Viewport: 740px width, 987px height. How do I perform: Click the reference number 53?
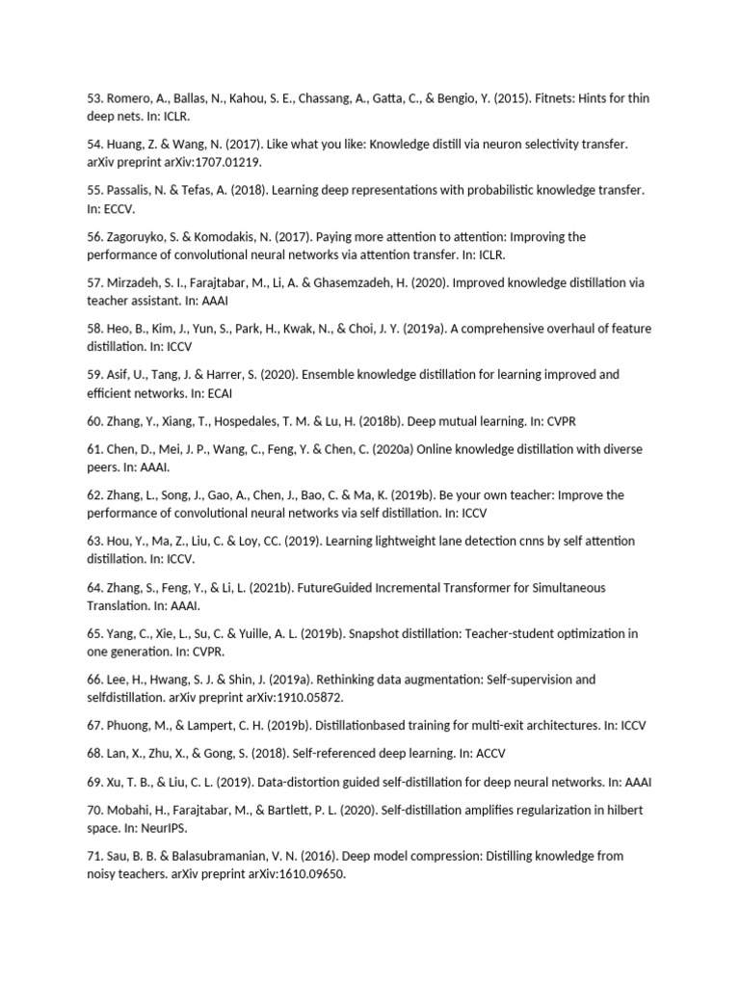[x=93, y=97]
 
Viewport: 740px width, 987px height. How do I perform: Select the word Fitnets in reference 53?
[x=562, y=97]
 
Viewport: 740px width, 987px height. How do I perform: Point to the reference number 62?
[x=93, y=495]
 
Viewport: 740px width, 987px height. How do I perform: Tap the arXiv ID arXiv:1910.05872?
[x=289, y=698]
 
